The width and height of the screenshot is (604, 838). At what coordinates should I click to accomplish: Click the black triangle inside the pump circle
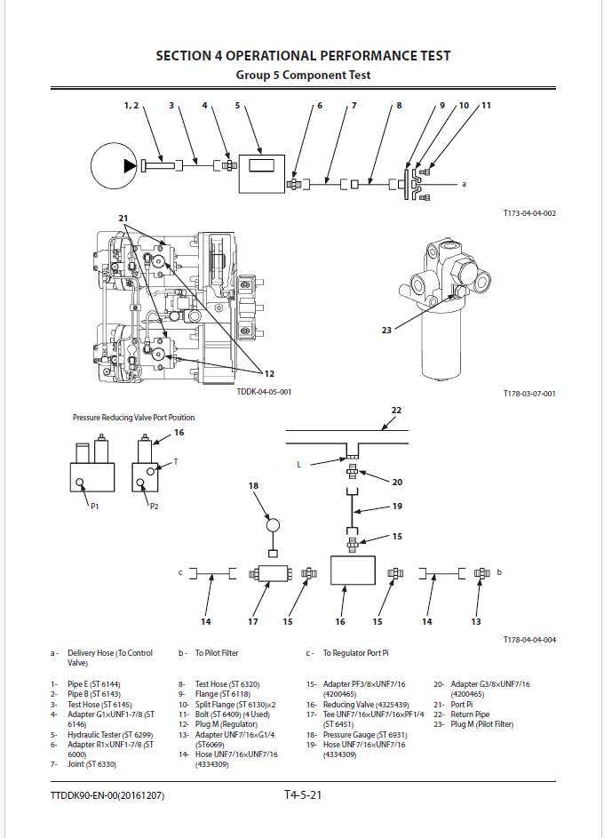(130, 165)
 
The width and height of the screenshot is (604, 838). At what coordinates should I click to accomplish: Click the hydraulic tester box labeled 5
(262, 173)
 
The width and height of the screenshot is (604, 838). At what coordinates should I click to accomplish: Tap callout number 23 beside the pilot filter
(386, 331)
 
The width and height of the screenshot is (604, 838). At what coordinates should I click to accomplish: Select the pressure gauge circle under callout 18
(273, 525)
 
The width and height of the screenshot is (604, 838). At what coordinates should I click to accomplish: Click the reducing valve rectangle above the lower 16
(353, 571)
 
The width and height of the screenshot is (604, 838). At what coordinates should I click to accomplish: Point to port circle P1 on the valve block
(80, 483)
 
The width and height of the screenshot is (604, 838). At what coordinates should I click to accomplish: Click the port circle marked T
(151, 471)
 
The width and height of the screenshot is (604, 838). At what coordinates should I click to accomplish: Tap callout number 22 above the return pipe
(396, 411)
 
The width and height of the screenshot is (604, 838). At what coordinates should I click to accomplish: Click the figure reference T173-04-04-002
(529, 213)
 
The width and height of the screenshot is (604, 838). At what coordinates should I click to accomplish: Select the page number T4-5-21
(303, 794)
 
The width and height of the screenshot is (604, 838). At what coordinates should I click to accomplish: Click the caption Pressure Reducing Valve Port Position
(133, 418)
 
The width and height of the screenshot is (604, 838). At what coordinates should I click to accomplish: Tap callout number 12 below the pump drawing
(269, 373)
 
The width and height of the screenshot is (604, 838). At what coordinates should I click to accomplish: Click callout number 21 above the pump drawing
(123, 218)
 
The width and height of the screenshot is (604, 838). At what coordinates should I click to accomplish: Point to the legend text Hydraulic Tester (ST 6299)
(110, 735)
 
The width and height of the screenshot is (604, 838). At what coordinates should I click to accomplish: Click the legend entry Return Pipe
(470, 714)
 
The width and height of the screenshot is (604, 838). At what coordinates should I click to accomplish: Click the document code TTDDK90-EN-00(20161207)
(107, 795)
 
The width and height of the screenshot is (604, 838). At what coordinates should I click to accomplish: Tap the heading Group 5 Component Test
(304, 75)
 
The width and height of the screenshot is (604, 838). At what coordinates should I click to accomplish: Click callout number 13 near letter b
(476, 621)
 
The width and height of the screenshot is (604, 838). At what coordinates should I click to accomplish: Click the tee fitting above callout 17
(271, 574)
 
